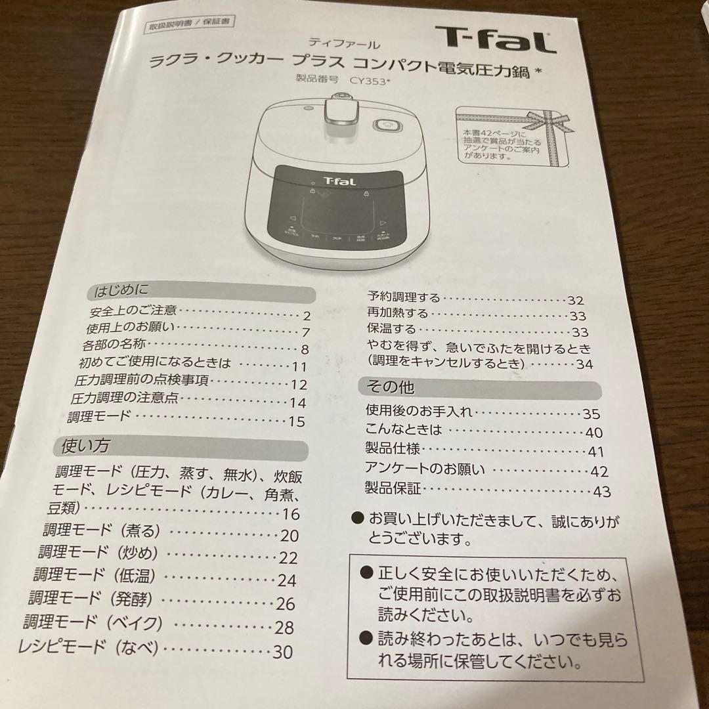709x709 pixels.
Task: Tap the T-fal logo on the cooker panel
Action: [339, 181]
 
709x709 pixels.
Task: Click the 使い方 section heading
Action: [85, 446]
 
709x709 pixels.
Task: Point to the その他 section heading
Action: [391, 387]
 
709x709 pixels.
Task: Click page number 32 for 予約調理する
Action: [575, 300]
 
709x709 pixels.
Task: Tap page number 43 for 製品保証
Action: [601, 491]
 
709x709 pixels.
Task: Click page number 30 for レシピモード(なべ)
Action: [282, 653]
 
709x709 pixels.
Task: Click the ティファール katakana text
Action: [354, 45]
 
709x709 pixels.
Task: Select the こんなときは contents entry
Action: [404, 430]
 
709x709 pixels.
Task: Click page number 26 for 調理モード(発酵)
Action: [286, 603]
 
